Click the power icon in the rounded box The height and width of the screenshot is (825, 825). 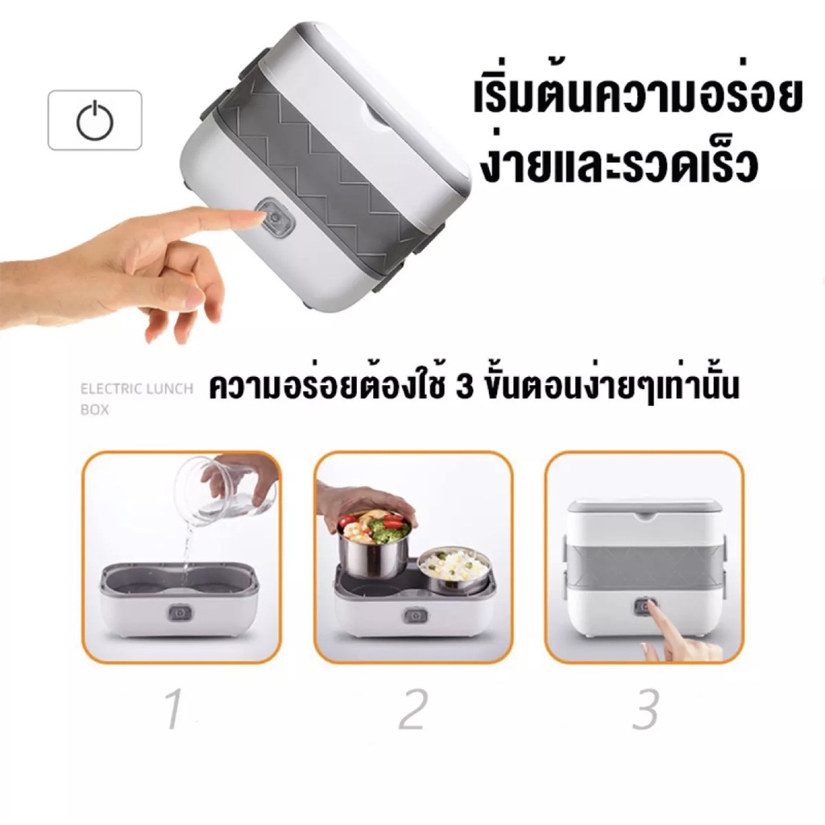(95, 122)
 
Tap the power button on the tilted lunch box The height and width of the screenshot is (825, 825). (274, 217)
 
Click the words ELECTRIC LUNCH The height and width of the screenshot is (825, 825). (137, 389)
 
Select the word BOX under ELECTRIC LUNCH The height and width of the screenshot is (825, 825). (95, 409)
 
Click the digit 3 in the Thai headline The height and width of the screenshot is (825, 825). (465, 388)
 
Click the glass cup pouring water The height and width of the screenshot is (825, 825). (226, 486)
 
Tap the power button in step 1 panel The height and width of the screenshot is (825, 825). (180, 613)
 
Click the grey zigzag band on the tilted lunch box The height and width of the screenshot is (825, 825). (326, 174)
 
